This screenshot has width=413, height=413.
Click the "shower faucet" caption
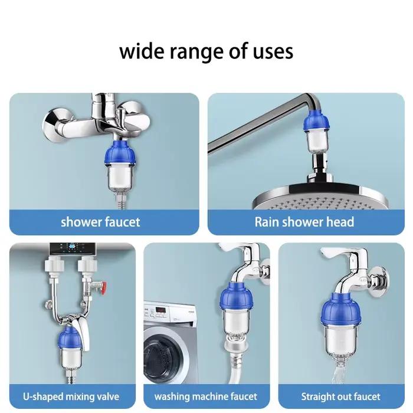[x=100, y=222]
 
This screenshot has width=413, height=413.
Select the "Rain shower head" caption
[x=304, y=222]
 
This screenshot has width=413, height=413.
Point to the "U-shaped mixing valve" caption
[x=71, y=396]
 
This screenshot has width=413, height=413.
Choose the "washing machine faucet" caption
[x=206, y=396]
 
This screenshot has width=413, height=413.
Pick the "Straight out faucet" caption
[x=340, y=396]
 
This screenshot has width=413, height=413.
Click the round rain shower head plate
[x=320, y=196]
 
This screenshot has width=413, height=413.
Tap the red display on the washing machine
[x=160, y=310]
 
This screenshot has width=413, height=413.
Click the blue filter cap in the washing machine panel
[x=236, y=297]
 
